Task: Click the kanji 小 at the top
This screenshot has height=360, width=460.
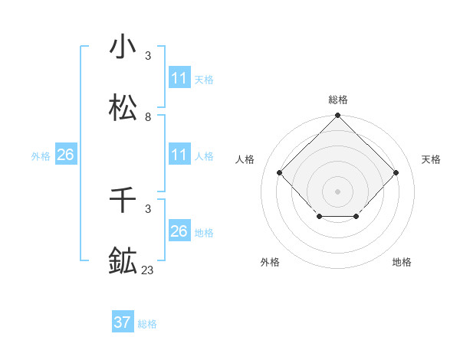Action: tap(123, 47)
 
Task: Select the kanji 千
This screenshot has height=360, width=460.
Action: tap(123, 201)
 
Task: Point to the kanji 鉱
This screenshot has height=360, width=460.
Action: tap(123, 261)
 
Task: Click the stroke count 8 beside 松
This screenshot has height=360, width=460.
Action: tap(148, 117)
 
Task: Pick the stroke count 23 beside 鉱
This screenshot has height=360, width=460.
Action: tap(148, 270)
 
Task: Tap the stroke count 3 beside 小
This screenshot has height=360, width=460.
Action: tap(148, 56)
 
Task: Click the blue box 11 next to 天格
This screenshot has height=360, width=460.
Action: tap(179, 78)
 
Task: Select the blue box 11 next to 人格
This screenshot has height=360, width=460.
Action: tap(179, 155)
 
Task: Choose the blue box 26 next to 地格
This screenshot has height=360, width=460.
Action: tap(179, 231)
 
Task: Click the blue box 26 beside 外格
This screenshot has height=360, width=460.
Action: tap(65, 155)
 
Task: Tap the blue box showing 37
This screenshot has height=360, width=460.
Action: tap(123, 322)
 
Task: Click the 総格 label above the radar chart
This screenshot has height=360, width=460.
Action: tap(338, 100)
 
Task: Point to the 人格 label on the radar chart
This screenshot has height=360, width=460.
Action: tap(245, 159)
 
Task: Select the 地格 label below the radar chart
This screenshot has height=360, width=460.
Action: tap(402, 262)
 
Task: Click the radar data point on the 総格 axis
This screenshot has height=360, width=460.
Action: tap(338, 116)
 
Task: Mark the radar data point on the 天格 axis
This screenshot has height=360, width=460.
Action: tap(396, 172)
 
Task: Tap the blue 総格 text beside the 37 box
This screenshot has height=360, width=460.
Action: tap(147, 323)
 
